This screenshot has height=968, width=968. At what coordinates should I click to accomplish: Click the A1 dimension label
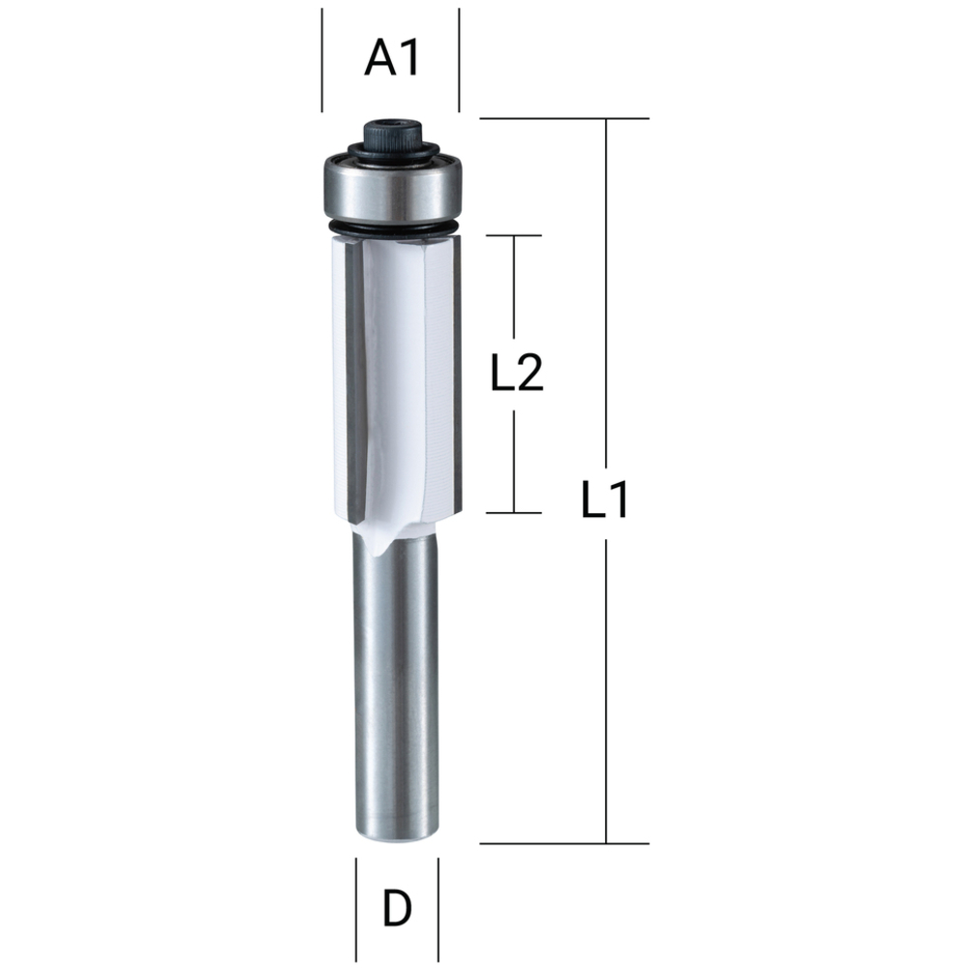391,59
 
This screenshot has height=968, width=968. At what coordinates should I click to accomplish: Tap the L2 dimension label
517,373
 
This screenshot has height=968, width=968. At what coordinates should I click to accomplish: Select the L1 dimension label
605,500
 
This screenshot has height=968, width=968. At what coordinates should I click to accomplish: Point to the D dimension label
397,908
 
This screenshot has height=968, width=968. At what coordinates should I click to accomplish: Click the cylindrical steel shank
395,685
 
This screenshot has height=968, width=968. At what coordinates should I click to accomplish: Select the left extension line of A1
321,60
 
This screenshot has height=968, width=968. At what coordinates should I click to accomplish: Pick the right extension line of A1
459,60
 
